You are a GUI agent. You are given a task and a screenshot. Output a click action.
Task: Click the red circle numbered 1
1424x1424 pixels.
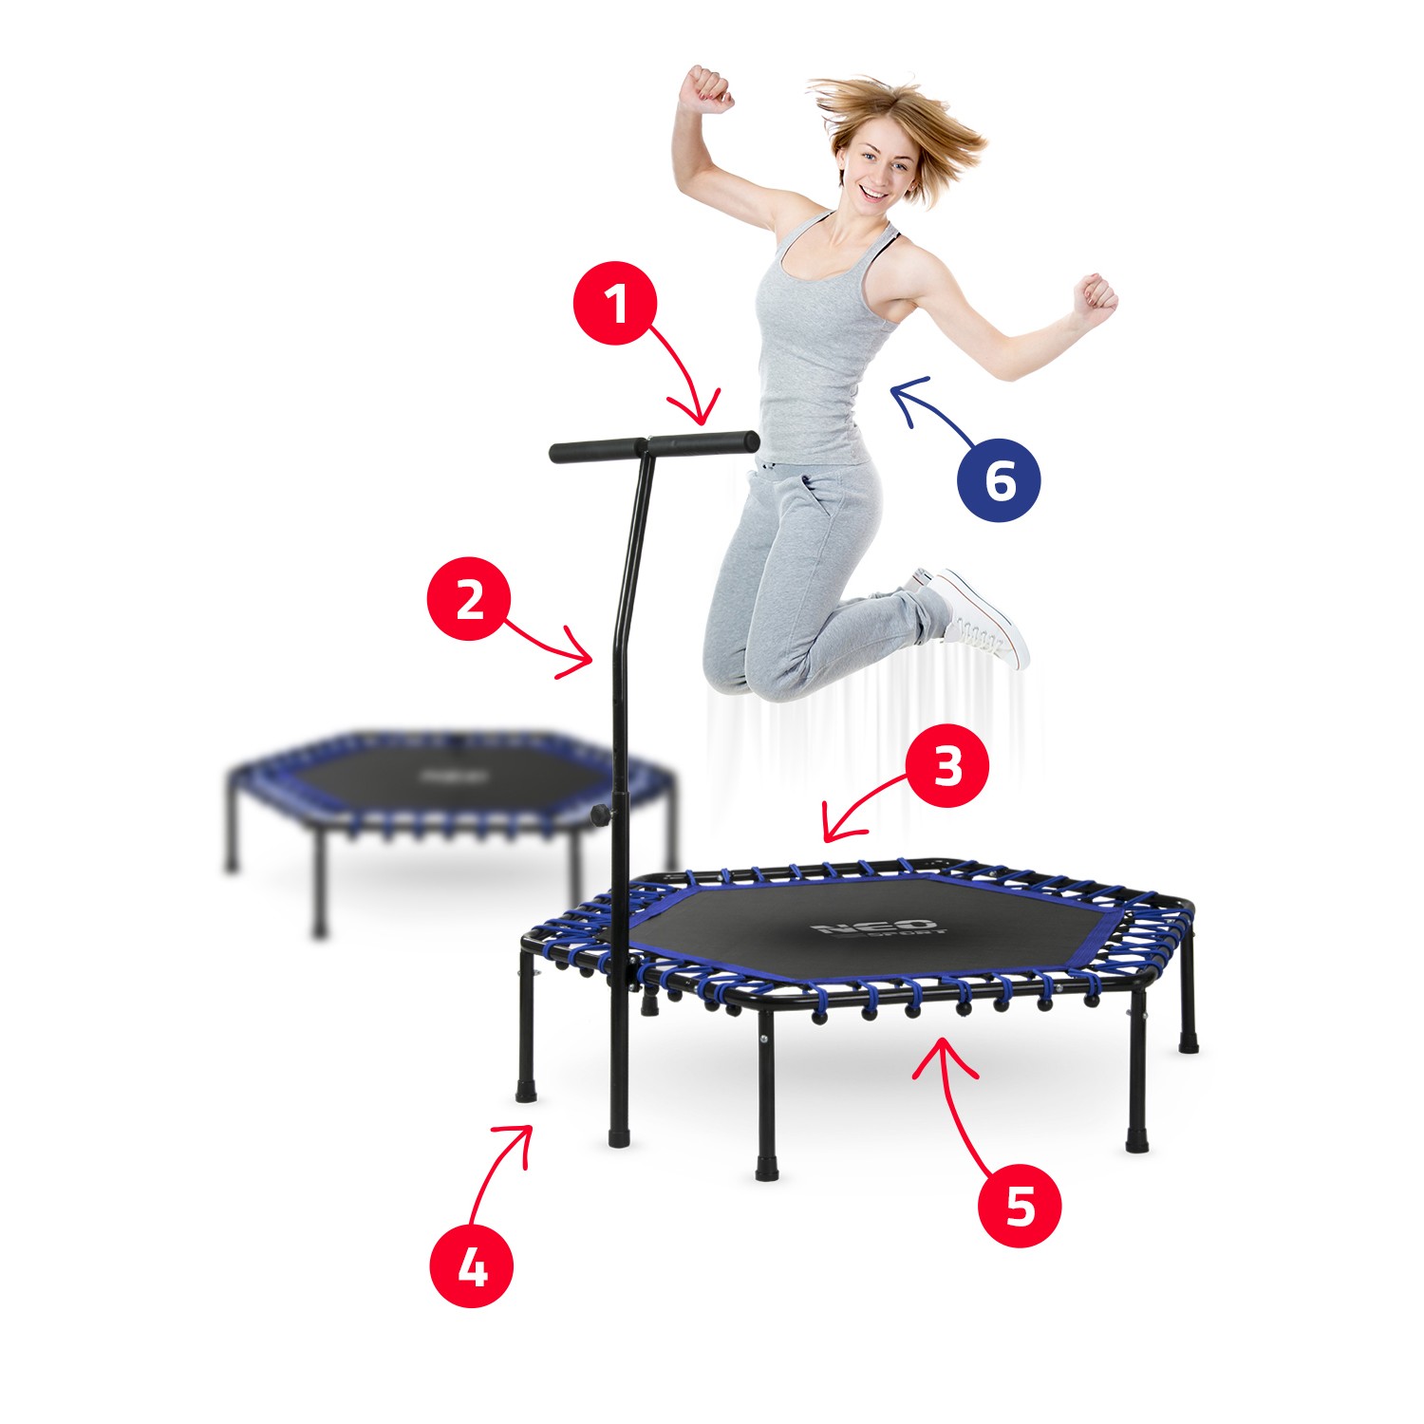pos(615,304)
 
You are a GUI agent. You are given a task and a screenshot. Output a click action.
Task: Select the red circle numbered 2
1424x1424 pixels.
pos(469,599)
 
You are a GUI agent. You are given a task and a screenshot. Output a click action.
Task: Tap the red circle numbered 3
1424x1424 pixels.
pos(946,766)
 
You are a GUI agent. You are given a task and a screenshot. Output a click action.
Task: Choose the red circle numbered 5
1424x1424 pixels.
pos(1020,1207)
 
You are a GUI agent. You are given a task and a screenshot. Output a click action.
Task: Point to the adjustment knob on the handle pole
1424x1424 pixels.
pos(599,814)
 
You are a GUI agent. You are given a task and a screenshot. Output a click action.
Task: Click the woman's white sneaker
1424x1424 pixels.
pos(978,615)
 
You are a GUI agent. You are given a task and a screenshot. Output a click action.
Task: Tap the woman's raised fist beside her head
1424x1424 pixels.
pos(707,88)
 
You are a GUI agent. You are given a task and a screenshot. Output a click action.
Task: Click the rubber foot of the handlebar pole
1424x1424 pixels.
pos(618,1135)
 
